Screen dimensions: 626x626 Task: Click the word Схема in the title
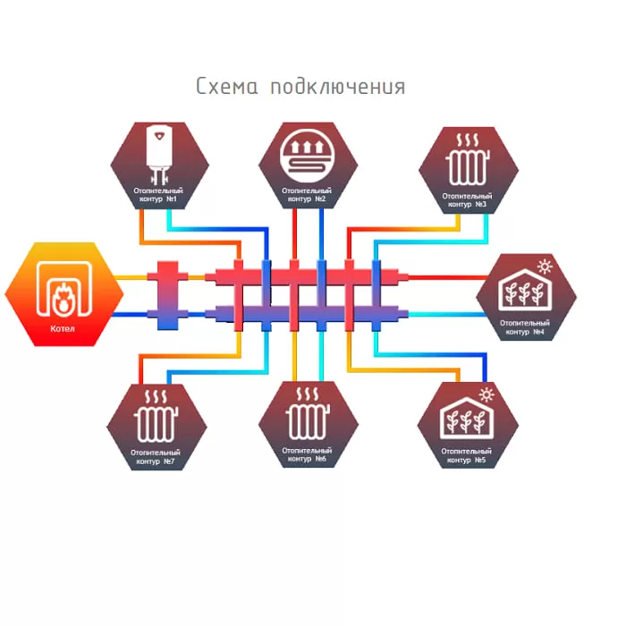(x=227, y=86)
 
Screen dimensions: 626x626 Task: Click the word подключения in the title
(x=338, y=87)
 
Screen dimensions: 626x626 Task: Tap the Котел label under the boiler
(x=63, y=328)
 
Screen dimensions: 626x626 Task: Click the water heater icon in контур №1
(x=159, y=155)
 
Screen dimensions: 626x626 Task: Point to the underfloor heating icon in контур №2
(x=307, y=155)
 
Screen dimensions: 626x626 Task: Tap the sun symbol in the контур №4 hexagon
(x=545, y=266)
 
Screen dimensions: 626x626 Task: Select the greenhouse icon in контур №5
(x=466, y=418)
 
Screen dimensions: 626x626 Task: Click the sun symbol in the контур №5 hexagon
(x=486, y=395)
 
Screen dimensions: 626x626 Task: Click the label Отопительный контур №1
(x=158, y=195)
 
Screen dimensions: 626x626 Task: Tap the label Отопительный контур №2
(x=307, y=195)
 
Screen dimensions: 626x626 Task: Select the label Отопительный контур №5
(x=466, y=455)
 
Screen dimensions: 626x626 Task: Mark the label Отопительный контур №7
(x=156, y=457)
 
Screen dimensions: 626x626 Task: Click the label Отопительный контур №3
(x=467, y=200)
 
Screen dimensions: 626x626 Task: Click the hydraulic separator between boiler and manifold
(x=168, y=295)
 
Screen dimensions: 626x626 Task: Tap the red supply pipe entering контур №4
(x=448, y=277)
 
